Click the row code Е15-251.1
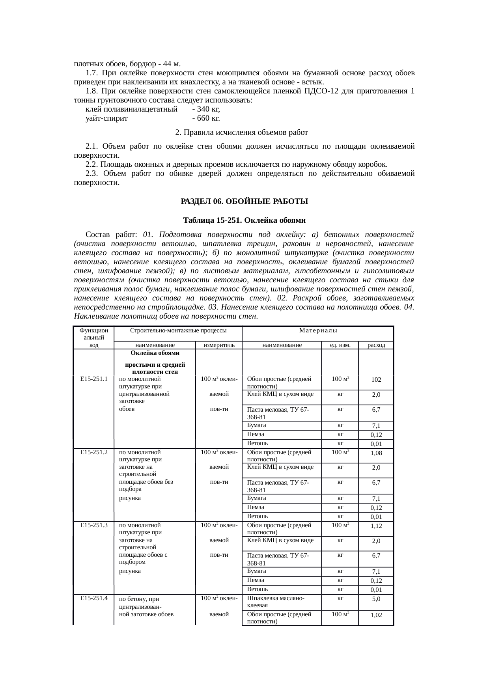(x=94, y=379)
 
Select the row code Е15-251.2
(x=94, y=452)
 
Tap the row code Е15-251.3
(x=94, y=525)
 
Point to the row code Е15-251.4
(x=94, y=598)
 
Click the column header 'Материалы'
(x=318, y=330)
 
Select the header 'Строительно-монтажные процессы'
(x=178, y=330)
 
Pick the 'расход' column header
(x=376, y=345)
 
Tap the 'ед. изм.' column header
(x=340, y=345)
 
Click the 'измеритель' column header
(x=219, y=345)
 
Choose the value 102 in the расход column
(x=376, y=380)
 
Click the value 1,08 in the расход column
(x=376, y=453)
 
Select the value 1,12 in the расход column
(x=376, y=526)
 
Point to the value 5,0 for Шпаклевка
(x=376, y=599)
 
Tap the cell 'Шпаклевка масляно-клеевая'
(x=275, y=602)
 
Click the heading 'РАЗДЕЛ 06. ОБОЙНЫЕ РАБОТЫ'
(x=244, y=201)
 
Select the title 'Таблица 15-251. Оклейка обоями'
(x=244, y=220)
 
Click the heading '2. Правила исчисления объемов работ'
(x=241, y=132)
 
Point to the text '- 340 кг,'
(x=206, y=109)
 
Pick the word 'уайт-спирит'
(x=106, y=118)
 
